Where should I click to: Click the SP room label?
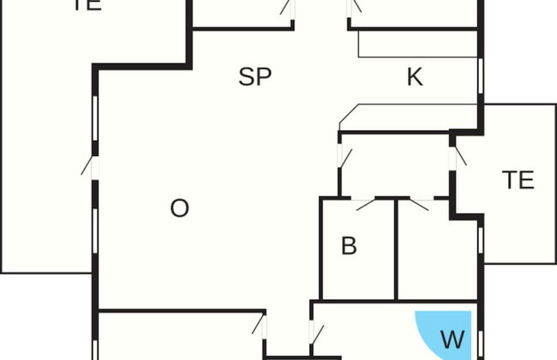click(x=255, y=77)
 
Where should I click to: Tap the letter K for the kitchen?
click(x=415, y=77)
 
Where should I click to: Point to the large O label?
click(x=179, y=208)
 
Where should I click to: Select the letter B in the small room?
click(x=349, y=246)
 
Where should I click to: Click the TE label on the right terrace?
click(x=518, y=180)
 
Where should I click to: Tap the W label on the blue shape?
click(x=452, y=339)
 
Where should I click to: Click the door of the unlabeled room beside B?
click(x=419, y=204)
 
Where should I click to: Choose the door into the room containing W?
click(x=314, y=332)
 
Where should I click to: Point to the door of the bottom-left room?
click(x=261, y=325)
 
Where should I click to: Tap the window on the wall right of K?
click(x=482, y=77)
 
